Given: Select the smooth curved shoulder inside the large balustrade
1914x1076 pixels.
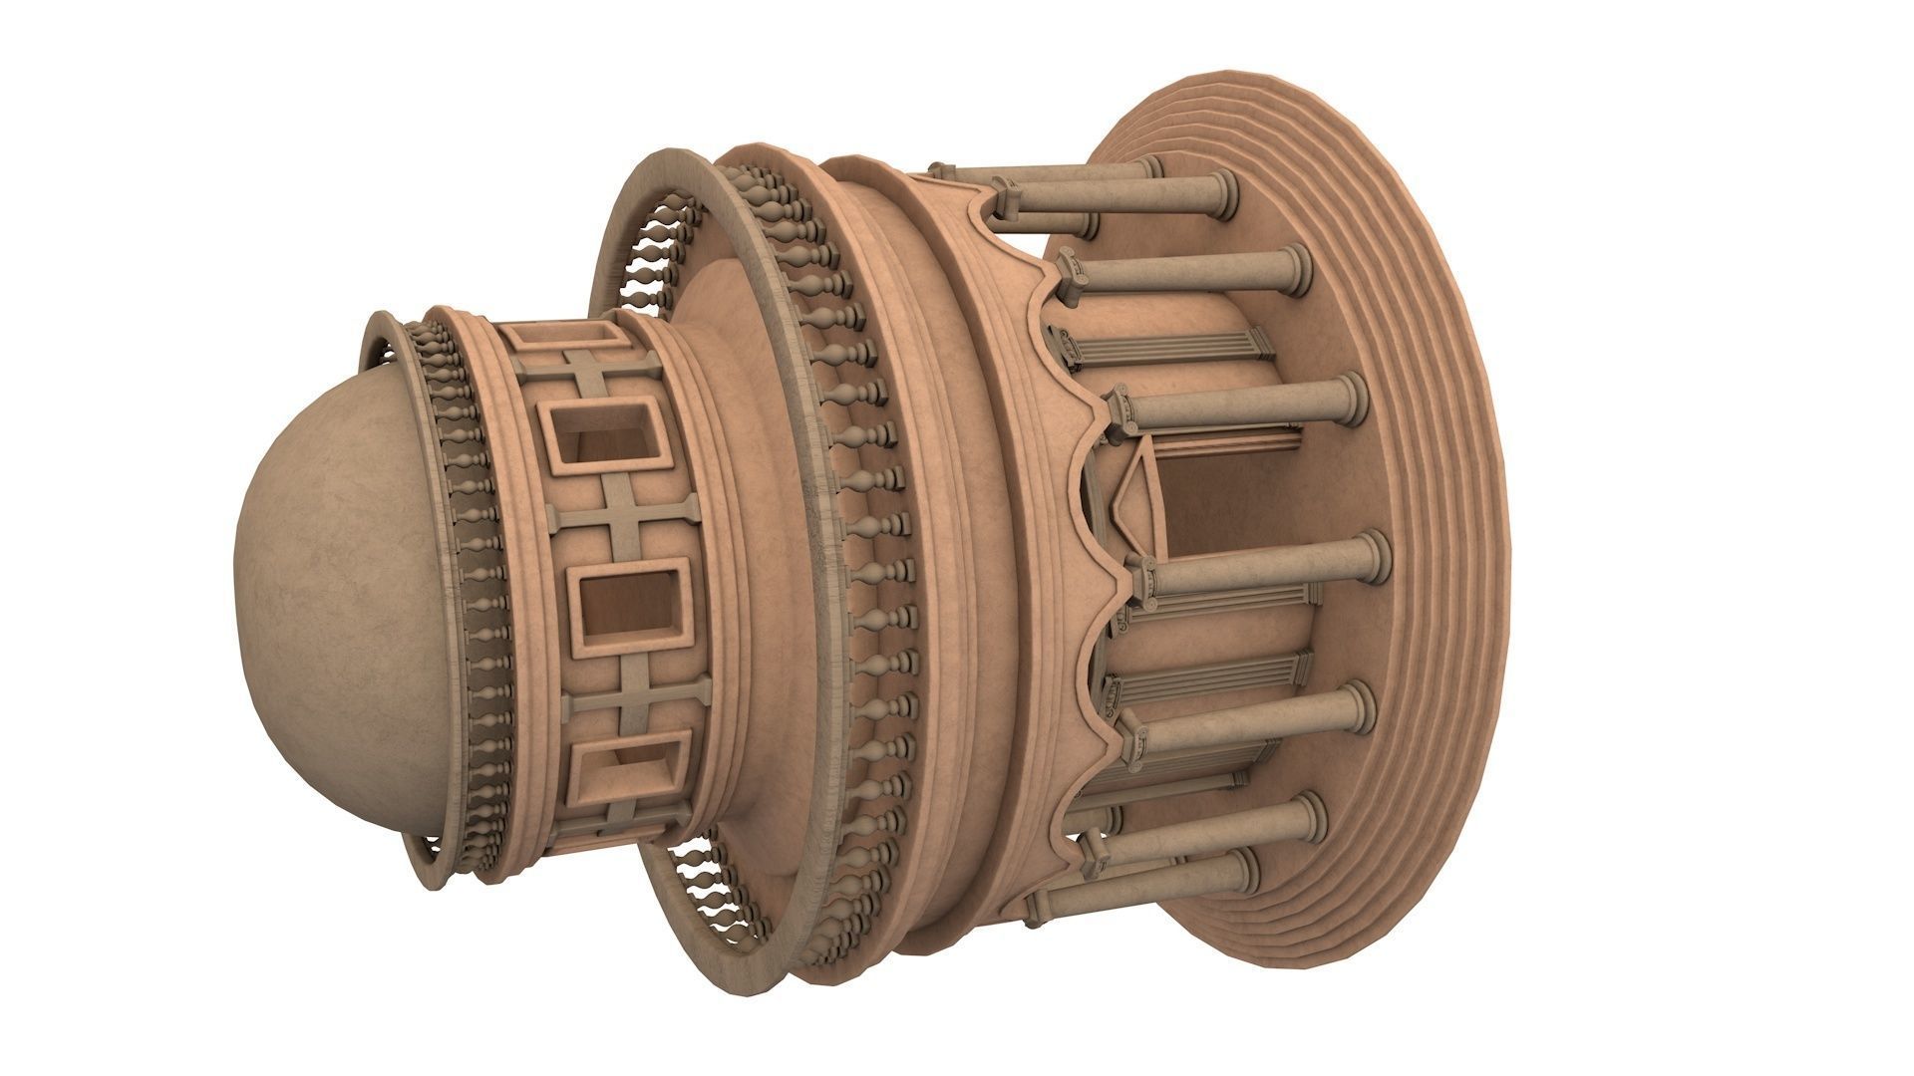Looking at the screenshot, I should pos(758,399).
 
